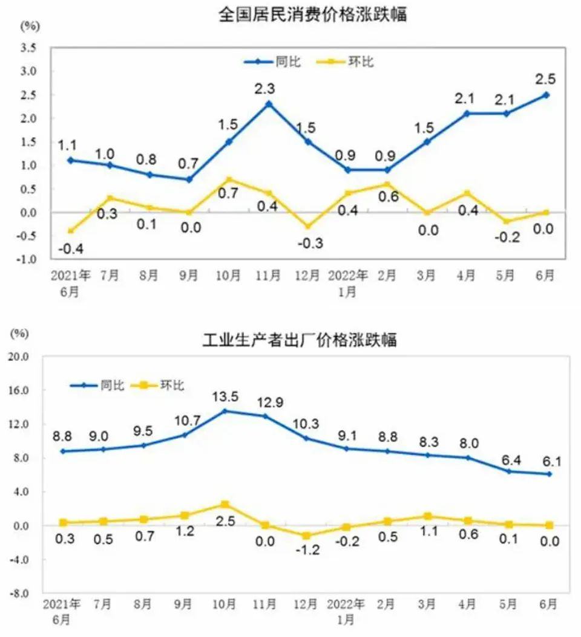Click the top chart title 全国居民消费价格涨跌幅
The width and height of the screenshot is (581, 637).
click(312, 15)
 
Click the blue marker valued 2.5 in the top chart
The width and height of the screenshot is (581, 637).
click(545, 94)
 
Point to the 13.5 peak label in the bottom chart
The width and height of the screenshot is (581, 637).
click(225, 396)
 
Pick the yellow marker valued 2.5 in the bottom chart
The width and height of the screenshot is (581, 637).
click(225, 504)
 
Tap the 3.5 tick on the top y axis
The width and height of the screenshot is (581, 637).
click(29, 48)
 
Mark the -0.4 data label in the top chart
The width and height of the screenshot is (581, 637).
click(70, 248)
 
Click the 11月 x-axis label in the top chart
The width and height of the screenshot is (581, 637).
click(268, 276)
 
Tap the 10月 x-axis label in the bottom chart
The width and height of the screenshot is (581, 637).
click(225, 604)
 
